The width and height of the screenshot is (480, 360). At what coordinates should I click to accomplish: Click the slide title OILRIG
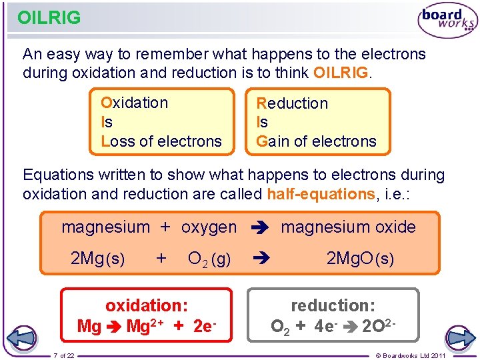[x=49, y=17]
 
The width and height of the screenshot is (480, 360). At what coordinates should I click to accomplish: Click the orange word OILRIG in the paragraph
[x=340, y=72]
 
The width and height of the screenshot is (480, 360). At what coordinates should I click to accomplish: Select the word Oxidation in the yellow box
[x=135, y=103]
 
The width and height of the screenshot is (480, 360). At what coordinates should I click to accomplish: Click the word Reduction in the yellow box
[x=292, y=103]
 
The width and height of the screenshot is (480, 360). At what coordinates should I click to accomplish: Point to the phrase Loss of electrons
[x=161, y=141]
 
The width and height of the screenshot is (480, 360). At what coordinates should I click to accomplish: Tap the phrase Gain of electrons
[x=317, y=141]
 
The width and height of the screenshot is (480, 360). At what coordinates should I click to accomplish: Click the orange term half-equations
[x=321, y=194]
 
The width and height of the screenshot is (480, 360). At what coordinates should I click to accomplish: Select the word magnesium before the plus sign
[x=105, y=227]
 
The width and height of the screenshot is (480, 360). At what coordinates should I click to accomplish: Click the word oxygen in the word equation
[x=209, y=227]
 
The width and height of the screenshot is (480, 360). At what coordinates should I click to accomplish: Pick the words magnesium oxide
[x=348, y=227]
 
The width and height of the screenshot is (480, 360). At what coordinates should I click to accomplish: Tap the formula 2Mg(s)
[x=97, y=259]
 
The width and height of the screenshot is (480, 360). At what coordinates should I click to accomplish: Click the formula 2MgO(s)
[x=360, y=259]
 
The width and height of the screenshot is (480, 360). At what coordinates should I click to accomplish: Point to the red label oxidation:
[x=147, y=305]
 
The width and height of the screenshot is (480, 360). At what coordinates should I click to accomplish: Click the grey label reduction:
[x=333, y=305]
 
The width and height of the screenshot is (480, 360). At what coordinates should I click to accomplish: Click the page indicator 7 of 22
[x=63, y=355]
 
